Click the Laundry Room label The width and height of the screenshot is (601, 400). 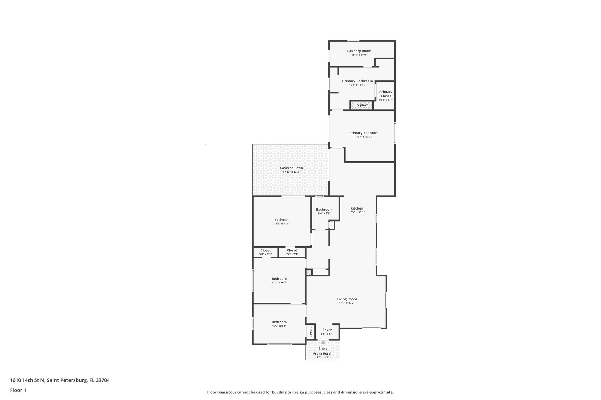point(359,51)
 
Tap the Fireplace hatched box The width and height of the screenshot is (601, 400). point(361,105)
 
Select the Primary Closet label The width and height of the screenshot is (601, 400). point(386,94)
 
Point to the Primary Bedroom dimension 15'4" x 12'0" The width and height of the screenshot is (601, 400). point(364,137)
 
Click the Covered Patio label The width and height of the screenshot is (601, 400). point(291,168)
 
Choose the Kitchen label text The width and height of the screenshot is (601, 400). point(357,208)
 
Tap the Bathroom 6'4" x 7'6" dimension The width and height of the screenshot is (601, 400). point(324,213)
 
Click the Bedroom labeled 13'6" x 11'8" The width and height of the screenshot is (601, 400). point(282,220)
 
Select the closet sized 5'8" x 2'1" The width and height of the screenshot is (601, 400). point(265,252)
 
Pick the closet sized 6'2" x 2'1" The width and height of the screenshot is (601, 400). point(292,252)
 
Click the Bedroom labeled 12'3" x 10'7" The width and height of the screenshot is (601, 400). point(279,279)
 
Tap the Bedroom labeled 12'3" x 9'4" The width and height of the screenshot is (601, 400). point(279,322)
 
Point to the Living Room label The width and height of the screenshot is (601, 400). point(347,299)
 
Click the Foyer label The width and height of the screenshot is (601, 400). point(327,330)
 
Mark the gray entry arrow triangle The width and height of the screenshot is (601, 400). point(323,343)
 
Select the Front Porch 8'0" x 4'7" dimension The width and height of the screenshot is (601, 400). point(323,358)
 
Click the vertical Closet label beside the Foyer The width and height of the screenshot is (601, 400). point(310,332)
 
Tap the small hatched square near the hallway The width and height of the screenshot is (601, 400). point(309,273)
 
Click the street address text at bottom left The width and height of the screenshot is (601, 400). point(60,380)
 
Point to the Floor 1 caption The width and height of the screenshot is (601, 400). point(18,390)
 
